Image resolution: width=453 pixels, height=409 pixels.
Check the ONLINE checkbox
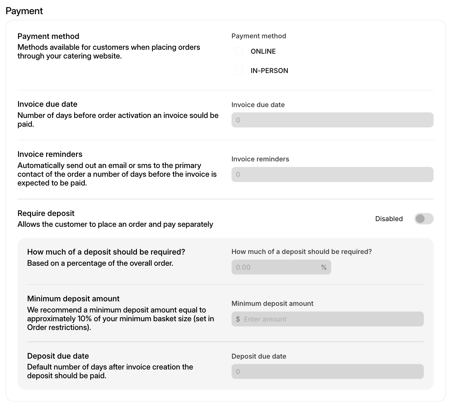(239, 51)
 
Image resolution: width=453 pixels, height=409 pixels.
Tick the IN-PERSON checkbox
(239, 71)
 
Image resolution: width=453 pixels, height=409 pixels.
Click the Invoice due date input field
(332, 120)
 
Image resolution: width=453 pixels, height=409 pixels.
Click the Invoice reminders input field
(332, 174)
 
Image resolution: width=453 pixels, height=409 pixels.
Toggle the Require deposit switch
(424, 219)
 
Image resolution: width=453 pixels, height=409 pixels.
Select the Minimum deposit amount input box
(332, 319)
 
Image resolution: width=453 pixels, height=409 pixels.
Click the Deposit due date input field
(327, 372)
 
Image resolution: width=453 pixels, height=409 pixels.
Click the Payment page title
(24, 11)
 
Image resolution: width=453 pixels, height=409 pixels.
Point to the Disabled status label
(389, 219)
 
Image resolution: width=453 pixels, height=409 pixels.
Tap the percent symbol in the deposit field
(324, 267)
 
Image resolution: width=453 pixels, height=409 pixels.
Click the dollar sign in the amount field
(238, 319)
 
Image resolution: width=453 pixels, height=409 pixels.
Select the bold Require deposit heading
(46, 213)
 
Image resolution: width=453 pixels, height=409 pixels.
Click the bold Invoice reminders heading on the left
(50, 154)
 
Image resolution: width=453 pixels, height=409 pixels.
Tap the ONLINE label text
(263, 51)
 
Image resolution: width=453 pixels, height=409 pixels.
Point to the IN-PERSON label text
(269, 71)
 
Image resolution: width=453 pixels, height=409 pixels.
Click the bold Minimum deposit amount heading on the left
(73, 299)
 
